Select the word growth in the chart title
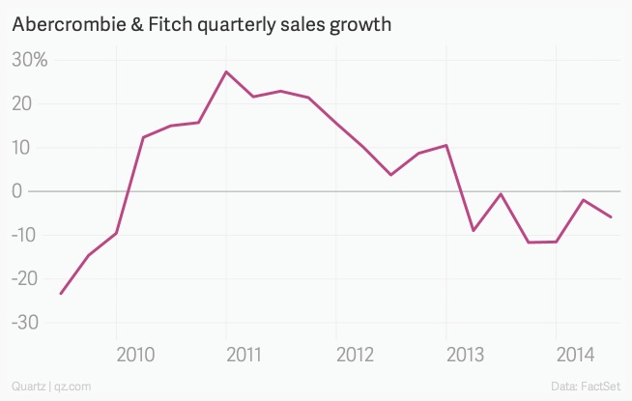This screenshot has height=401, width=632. pyautogui.click(x=357, y=23)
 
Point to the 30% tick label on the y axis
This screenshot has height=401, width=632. pyautogui.click(x=29, y=60)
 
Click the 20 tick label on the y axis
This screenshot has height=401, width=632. pyautogui.click(x=23, y=103)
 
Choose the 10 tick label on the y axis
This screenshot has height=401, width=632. pyautogui.click(x=23, y=148)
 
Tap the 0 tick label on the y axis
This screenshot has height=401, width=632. pyautogui.click(x=17, y=191)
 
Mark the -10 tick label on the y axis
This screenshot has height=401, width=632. pyautogui.click(x=23, y=235)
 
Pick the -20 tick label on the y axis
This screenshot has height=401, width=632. pyautogui.click(x=23, y=278)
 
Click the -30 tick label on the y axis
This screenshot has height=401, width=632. pyautogui.click(x=23, y=322)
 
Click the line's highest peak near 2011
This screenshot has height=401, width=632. pyautogui.click(x=226, y=72)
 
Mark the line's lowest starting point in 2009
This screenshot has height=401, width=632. pyautogui.click(x=61, y=294)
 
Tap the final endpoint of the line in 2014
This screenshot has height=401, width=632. pyautogui.click(x=611, y=216)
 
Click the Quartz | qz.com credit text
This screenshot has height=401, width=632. pyautogui.click(x=51, y=387)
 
